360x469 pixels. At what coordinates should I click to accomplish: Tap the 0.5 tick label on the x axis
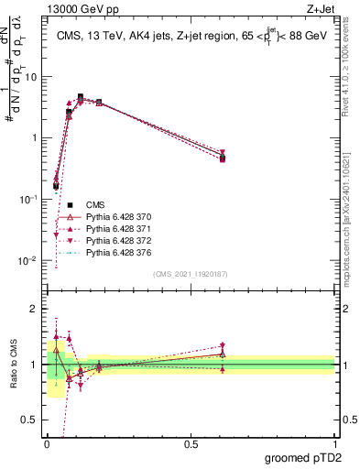point(191,443)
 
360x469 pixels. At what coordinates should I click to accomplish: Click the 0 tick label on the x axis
point(47,443)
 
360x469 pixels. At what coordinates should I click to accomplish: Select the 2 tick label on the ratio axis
point(36,309)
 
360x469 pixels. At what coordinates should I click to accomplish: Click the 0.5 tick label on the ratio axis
point(31,420)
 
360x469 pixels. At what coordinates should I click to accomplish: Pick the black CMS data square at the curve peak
point(81,96)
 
